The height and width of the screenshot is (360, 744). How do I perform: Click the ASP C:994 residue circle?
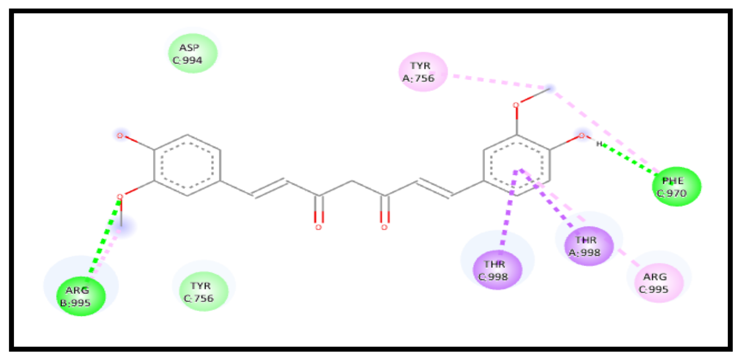click(193, 54)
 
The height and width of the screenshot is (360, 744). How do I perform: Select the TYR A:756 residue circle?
click(423, 72)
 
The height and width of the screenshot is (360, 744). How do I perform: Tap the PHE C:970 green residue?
click(677, 187)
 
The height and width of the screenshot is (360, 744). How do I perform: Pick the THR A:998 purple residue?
click(589, 246)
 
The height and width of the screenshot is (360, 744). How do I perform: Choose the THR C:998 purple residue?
click(497, 270)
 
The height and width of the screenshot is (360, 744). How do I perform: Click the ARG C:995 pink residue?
click(658, 283)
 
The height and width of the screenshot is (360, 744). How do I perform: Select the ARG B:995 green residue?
click(81, 296)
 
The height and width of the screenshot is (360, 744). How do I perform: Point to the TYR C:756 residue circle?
click(204, 291)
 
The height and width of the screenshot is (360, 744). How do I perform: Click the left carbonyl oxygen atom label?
click(318, 228)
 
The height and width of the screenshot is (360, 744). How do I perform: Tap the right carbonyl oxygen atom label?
click(384, 228)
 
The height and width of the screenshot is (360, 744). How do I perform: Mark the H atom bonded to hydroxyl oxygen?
click(599, 144)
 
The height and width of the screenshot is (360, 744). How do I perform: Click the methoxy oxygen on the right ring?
click(516, 105)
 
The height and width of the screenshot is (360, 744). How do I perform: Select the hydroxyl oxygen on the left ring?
click(120, 136)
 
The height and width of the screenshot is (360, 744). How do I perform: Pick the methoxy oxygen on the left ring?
click(120, 197)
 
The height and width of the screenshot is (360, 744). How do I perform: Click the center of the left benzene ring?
click(187, 165)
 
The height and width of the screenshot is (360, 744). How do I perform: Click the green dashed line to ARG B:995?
click(104, 238)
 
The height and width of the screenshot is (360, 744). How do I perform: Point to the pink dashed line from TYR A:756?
click(496, 81)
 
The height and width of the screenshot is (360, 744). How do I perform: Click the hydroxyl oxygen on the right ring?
click(581, 136)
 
